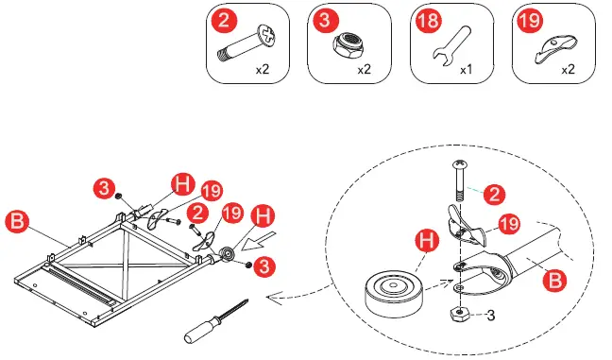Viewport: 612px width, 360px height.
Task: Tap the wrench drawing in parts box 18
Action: click(x=453, y=46)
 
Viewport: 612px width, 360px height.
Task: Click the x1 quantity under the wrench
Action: click(x=466, y=70)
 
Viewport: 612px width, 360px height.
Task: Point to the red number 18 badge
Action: click(x=428, y=20)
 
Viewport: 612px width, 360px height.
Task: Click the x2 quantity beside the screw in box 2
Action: click(x=263, y=70)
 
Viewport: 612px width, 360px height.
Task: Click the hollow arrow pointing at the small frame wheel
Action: click(x=259, y=241)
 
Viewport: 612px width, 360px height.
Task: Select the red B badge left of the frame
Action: click(x=17, y=221)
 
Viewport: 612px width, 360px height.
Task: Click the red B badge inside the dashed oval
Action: click(x=555, y=281)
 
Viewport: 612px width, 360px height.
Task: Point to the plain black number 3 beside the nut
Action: click(x=490, y=315)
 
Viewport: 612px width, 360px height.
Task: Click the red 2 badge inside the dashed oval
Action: click(x=495, y=194)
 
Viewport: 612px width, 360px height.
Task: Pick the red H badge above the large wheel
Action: click(x=426, y=241)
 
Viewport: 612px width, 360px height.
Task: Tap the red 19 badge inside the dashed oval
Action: click(x=509, y=224)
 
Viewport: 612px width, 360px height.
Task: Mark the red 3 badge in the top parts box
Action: click(x=325, y=20)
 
